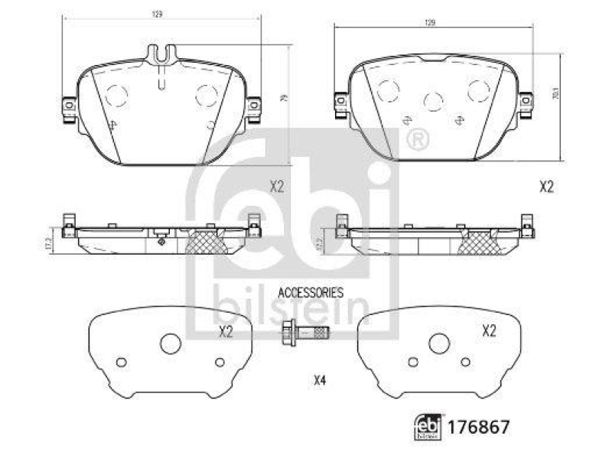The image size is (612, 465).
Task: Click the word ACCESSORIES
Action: (x=310, y=292)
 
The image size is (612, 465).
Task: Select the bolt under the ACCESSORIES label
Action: (x=305, y=333)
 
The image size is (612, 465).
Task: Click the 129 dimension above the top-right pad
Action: (x=430, y=24)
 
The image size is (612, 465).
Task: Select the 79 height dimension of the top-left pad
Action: (x=284, y=99)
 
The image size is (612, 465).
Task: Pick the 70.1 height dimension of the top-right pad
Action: (x=555, y=97)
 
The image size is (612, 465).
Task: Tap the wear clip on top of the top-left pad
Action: (x=160, y=54)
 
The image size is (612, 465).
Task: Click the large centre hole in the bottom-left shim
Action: (x=170, y=344)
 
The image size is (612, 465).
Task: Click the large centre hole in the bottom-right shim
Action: (x=438, y=344)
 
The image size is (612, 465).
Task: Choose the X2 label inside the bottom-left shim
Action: (x=226, y=331)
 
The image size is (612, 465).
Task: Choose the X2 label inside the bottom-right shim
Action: (x=489, y=330)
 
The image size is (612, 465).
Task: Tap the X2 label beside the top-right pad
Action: (x=546, y=186)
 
